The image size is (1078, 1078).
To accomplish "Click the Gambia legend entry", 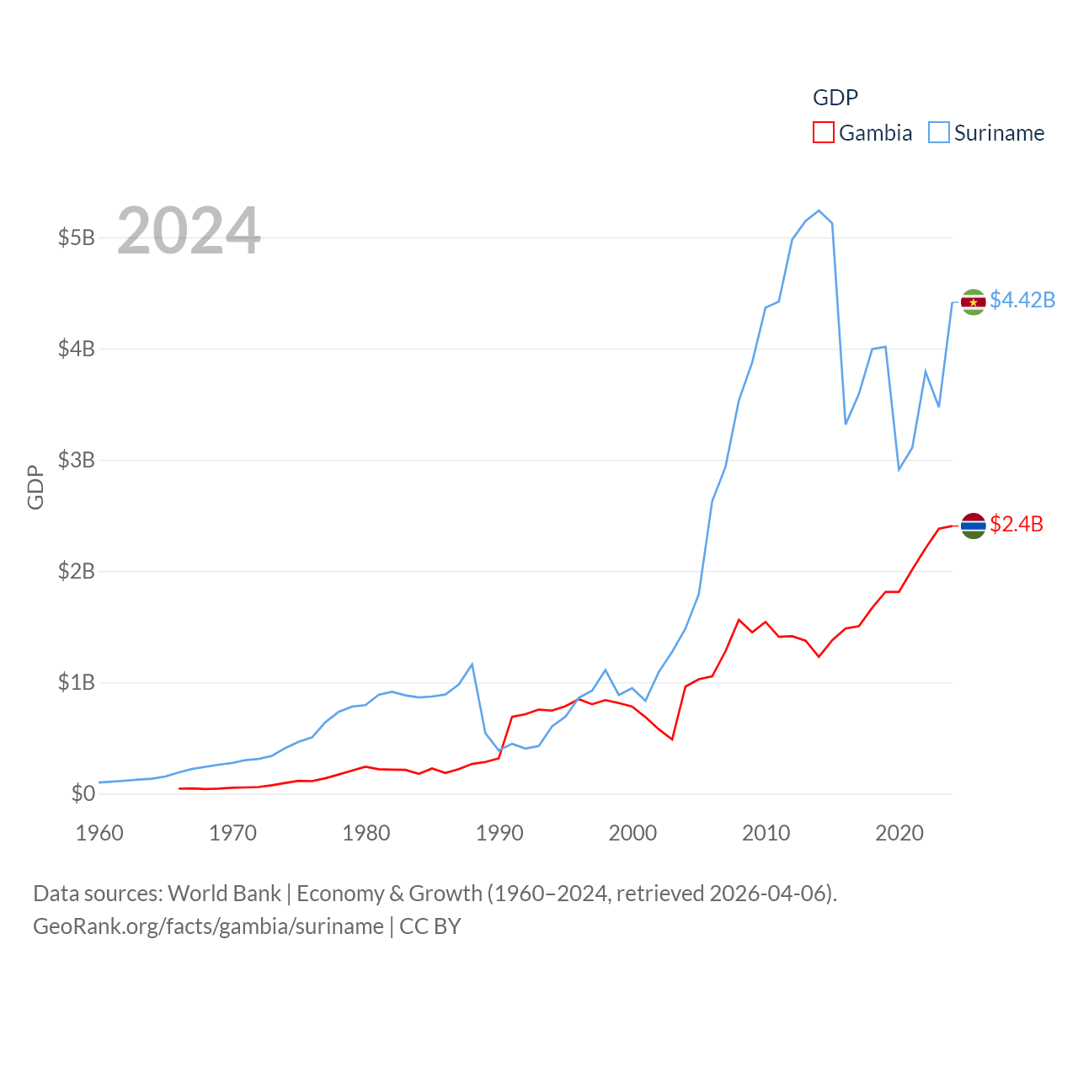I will pyautogui.click(x=862, y=133).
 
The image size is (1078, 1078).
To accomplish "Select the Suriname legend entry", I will pyautogui.click(x=986, y=133).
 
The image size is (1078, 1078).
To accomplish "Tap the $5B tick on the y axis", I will pyautogui.click(x=76, y=237).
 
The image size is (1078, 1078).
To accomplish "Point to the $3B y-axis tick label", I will pyautogui.click(x=76, y=460).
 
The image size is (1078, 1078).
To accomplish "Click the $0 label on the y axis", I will pyautogui.click(x=83, y=793).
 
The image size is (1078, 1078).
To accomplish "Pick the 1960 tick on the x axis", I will pyautogui.click(x=99, y=833).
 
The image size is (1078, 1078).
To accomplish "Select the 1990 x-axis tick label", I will pyautogui.click(x=499, y=833).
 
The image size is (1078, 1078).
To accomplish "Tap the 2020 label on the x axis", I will pyautogui.click(x=899, y=833).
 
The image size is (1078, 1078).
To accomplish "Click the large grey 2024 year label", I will pyautogui.click(x=189, y=230).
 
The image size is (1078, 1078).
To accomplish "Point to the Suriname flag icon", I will pyautogui.click(x=973, y=302).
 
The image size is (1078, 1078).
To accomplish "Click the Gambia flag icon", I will pyautogui.click(x=973, y=526).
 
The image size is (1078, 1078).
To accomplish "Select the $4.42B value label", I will pyautogui.click(x=1022, y=300).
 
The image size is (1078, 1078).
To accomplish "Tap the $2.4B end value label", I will pyautogui.click(x=1017, y=524).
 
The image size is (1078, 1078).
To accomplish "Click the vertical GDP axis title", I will pyautogui.click(x=35, y=487).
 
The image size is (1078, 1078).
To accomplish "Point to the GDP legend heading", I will pyautogui.click(x=835, y=98).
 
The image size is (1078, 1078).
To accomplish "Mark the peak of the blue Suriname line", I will pyautogui.click(x=819, y=211).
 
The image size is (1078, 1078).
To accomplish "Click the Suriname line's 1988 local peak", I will pyautogui.click(x=472, y=664).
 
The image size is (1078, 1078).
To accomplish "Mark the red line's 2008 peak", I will pyautogui.click(x=739, y=620).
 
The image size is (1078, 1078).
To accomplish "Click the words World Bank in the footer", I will pyautogui.click(x=224, y=893).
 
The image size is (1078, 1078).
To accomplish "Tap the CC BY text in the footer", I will pyautogui.click(x=430, y=926).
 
